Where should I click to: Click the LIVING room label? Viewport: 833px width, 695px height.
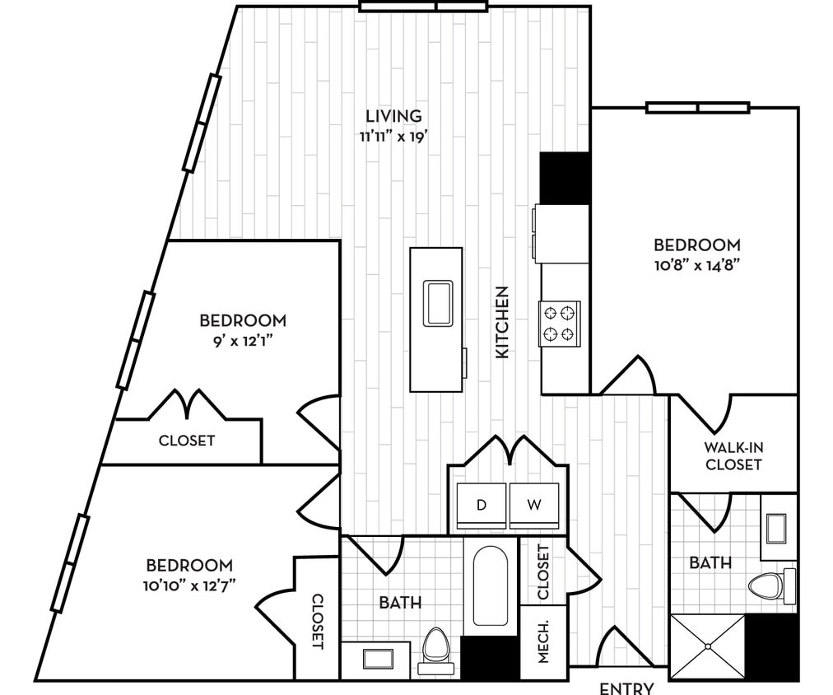(394, 116)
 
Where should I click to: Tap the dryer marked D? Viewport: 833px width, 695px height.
(482, 505)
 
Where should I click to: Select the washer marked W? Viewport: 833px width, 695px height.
(534, 505)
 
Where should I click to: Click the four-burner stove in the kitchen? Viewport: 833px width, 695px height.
(560, 322)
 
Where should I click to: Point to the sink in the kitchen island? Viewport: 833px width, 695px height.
(437, 302)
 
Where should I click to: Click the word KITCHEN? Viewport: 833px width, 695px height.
(503, 322)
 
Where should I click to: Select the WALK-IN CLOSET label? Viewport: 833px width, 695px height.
(733, 456)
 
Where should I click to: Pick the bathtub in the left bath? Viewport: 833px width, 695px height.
(491, 585)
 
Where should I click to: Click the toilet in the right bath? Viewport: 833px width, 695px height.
(770, 585)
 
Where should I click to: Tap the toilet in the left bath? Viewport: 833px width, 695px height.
(435, 646)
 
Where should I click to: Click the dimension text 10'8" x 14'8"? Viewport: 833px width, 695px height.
(697, 265)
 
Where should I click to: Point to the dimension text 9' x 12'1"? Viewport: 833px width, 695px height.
(243, 340)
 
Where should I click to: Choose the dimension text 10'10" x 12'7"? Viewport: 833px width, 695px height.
(189, 585)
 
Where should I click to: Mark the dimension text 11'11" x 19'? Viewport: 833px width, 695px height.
(394, 136)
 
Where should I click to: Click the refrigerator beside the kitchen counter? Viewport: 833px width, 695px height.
(564, 178)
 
